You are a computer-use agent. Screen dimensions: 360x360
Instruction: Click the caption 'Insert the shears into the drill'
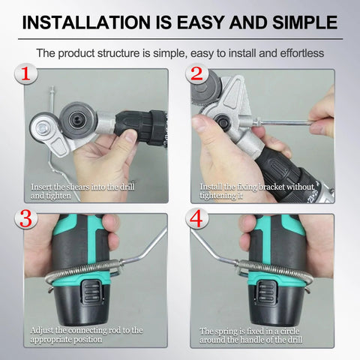(83, 185)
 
